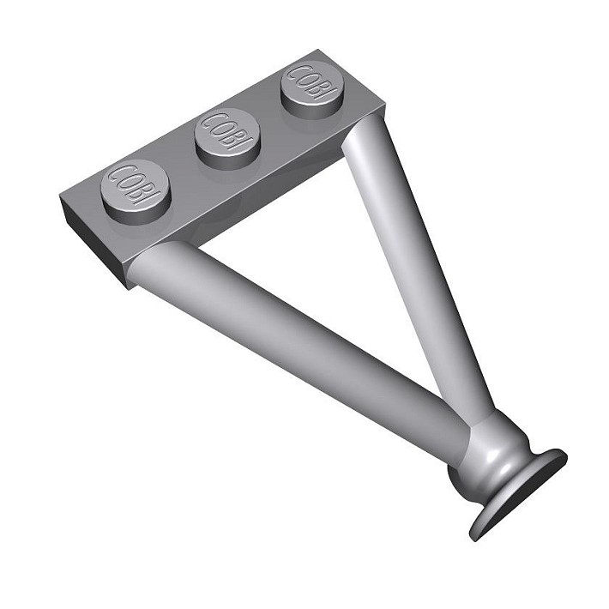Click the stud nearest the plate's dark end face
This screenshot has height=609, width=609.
pos(136,191)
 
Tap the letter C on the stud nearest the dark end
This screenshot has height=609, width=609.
pos(118,174)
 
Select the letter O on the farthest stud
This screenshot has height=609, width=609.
pos(304,79)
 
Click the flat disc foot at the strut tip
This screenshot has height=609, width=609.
pos(518,492)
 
